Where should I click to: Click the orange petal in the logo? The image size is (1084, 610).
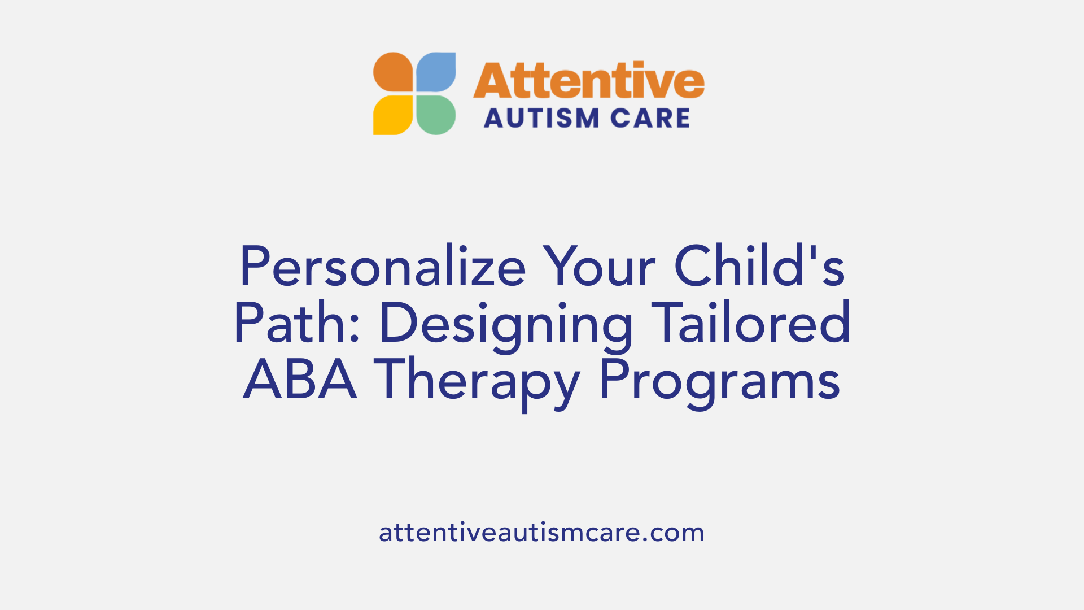393,72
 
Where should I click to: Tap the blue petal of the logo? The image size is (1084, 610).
436,72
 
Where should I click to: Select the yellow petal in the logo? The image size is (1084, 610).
393,115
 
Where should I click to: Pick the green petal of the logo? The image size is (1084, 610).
436,115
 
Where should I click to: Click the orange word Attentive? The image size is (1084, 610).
588,80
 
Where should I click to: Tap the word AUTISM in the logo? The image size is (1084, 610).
534,119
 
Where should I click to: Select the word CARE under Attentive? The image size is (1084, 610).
650,119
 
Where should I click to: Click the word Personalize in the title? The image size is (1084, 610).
382,267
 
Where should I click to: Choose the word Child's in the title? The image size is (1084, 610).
759,267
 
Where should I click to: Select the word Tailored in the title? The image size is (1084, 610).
750,323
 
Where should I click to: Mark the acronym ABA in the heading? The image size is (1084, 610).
300,380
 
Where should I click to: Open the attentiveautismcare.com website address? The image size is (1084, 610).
541,533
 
